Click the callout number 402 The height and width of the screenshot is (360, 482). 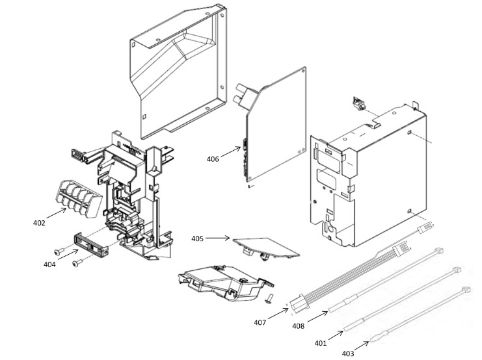click(x=39, y=223)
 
